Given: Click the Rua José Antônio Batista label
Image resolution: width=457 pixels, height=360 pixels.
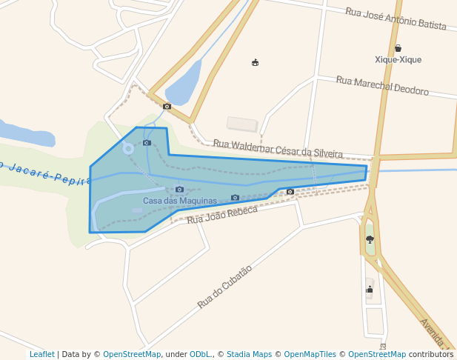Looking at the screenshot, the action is [x=396, y=19].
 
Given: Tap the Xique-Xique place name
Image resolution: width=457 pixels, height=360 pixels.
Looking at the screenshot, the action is [x=398, y=59].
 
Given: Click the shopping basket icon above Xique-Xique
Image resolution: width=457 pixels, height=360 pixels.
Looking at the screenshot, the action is [x=398, y=48].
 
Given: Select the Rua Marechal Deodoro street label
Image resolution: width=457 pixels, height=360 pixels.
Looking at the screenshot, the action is [x=382, y=86].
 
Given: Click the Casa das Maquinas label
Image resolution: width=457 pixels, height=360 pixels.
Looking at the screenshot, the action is [x=180, y=201].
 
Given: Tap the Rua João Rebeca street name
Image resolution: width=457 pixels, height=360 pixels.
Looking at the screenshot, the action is [x=222, y=215].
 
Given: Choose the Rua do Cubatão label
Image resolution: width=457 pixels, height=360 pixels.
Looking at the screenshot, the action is [x=225, y=287].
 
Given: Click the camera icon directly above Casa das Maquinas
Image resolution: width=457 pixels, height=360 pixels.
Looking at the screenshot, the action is [x=179, y=190].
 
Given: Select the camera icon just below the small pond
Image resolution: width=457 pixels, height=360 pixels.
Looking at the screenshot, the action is [x=167, y=107].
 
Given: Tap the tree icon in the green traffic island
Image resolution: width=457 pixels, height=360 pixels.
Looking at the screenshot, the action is [x=370, y=239].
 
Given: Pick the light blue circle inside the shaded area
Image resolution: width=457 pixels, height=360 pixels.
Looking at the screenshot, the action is [x=128, y=149].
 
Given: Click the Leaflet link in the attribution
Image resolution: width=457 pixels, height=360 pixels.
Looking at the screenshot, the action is [x=41, y=355].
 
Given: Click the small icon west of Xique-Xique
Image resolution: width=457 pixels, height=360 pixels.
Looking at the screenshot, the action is [x=255, y=62].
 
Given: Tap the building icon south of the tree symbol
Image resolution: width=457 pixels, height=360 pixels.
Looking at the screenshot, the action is [x=370, y=290].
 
